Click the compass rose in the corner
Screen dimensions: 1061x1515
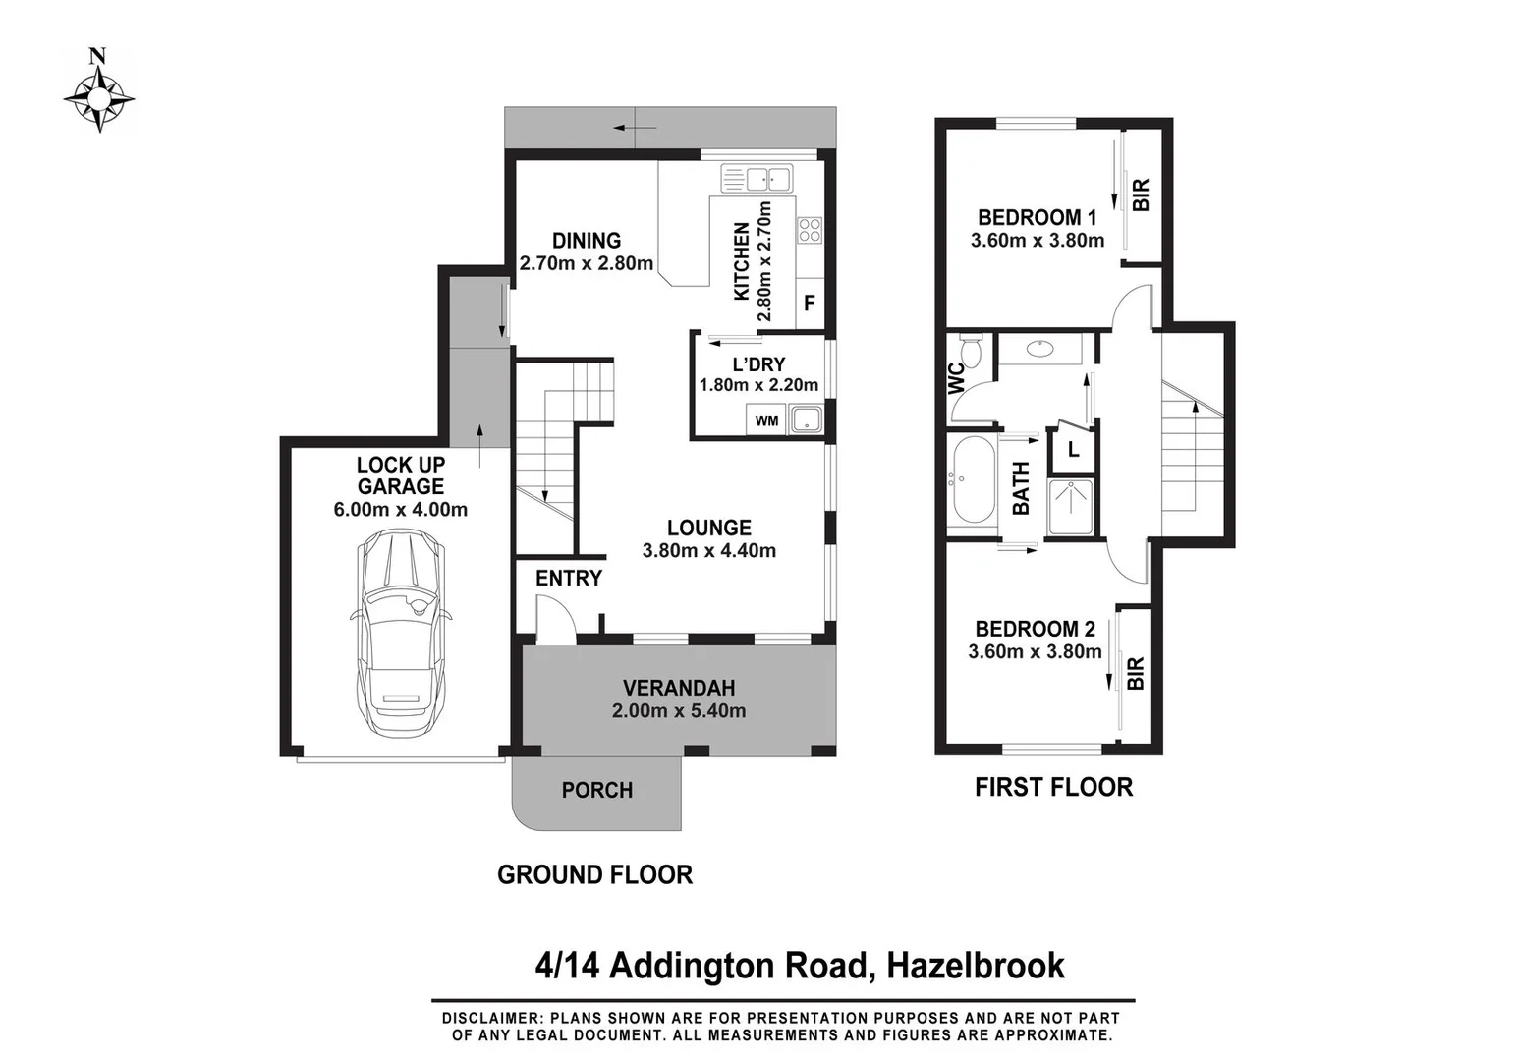[99, 97]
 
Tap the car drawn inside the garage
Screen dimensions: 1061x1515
[401, 633]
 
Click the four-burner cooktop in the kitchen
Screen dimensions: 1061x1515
[810, 231]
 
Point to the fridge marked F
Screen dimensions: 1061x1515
[810, 303]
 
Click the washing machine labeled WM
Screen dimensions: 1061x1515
[766, 420]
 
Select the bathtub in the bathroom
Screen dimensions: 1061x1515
[972, 481]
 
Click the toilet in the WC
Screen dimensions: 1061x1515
[971, 352]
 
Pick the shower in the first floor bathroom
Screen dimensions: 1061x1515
[1071, 507]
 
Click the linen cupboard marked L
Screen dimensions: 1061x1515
[1073, 451]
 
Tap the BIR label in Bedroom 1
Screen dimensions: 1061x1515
[1141, 195]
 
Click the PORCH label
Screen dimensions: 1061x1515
[596, 791]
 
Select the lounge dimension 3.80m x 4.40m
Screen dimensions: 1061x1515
[708, 551]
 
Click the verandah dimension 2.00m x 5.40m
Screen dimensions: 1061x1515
[678, 711]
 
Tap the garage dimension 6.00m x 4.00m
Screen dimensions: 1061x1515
[400, 510]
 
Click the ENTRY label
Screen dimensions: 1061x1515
[568, 579]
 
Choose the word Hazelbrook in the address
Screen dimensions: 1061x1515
[975, 966]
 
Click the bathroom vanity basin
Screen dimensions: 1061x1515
[1039, 348]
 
